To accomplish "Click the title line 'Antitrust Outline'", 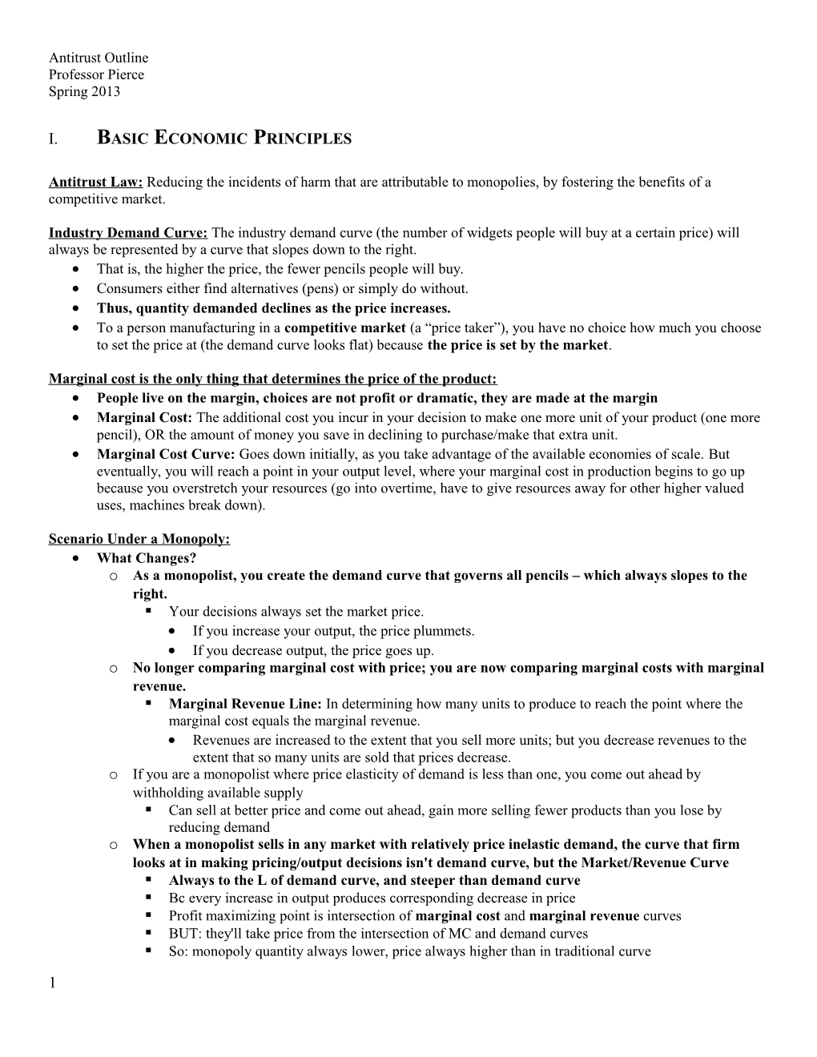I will click(x=99, y=58).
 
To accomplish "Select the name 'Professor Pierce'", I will click(x=96, y=74).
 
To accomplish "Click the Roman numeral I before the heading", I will click(x=52, y=139).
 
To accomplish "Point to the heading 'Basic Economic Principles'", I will click(x=223, y=138).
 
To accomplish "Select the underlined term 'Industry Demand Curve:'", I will click(x=128, y=233).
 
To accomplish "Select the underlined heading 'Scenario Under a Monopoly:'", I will click(x=139, y=539).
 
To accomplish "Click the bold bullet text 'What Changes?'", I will click(x=147, y=558).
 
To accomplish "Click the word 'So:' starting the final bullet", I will click(x=179, y=951).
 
